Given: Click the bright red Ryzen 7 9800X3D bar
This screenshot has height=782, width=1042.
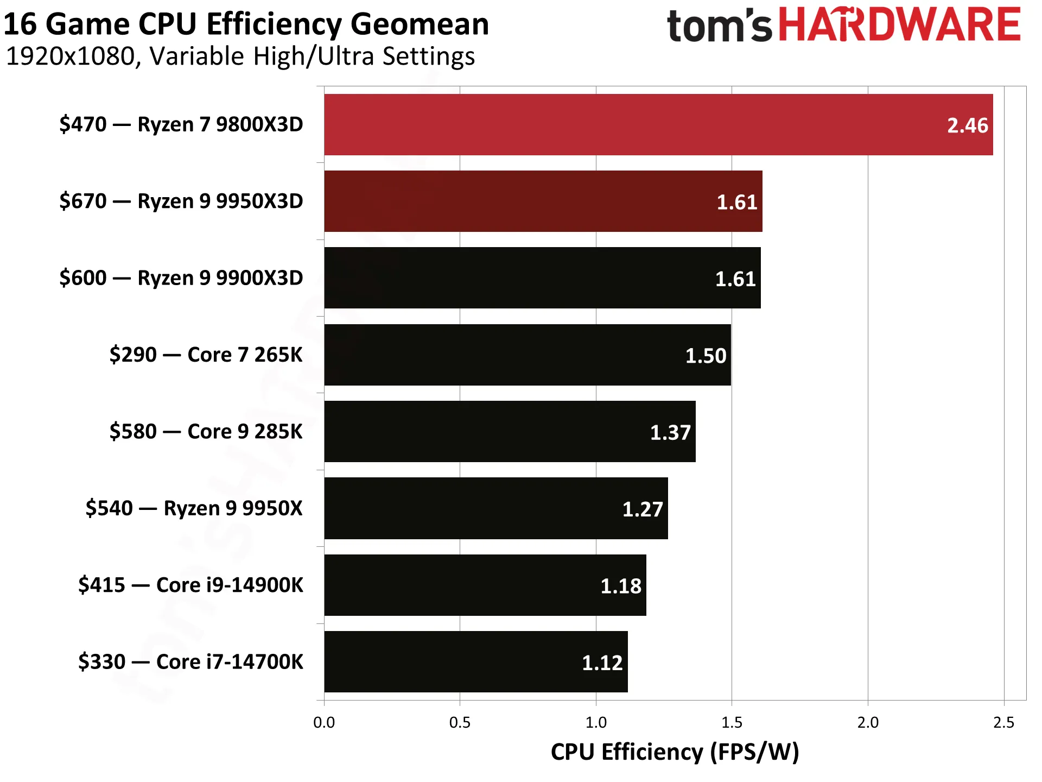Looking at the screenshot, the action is coord(658,124).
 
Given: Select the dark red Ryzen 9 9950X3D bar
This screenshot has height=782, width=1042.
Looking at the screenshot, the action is coord(543,201).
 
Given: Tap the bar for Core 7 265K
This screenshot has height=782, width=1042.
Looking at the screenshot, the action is coord(528,355).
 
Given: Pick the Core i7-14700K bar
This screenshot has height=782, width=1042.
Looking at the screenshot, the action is coord(476,661).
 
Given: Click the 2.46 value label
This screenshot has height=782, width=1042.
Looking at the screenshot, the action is coord(968,125).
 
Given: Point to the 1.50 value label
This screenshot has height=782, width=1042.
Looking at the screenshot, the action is coord(706,356).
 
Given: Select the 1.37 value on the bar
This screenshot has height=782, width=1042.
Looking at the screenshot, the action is coord(670,432).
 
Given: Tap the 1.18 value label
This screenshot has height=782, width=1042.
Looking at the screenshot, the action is coord(621,586).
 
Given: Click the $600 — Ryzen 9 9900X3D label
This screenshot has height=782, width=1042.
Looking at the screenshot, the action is coord(181,278).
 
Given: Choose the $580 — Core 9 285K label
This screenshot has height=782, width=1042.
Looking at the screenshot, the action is coord(206,431).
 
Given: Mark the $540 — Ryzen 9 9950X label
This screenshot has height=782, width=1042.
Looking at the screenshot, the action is coord(194,508).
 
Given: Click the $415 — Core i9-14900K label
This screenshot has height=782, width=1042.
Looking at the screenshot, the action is coord(190,585).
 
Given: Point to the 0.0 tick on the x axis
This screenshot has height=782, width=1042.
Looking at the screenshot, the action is coord(324,722).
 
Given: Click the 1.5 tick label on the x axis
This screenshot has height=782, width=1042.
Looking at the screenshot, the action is coord(732,722).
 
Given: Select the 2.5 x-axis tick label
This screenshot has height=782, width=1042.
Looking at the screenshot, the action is coord(1003,722).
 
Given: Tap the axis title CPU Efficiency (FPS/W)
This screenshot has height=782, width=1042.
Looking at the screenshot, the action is coord(675,752).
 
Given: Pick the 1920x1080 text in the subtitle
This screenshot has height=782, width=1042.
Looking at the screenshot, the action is coord(71,56).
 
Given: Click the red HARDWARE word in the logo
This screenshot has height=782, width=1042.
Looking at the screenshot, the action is coord(900,24).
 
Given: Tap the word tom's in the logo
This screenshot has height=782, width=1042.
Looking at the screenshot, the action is coord(719,26).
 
